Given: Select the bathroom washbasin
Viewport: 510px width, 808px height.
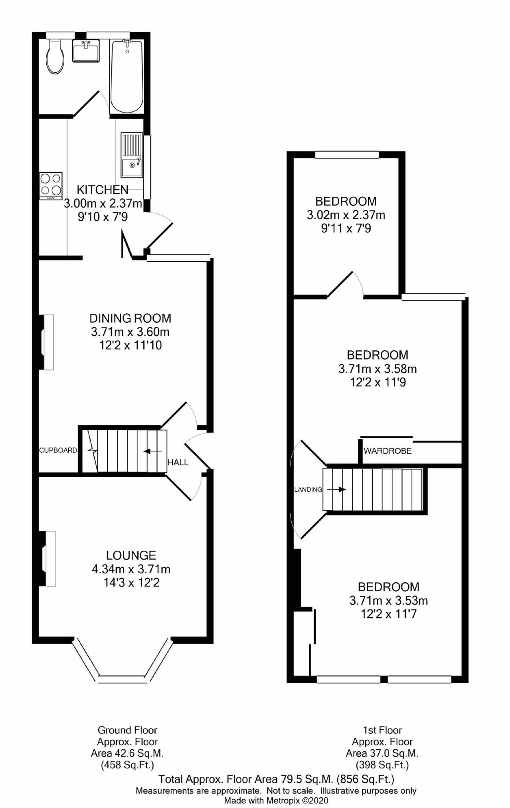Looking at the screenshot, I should point(86,51).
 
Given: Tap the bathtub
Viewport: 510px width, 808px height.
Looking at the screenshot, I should point(127,76).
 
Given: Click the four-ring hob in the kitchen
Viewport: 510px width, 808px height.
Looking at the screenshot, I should point(51,186).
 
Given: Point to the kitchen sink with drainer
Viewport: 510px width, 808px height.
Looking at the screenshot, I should point(132,155).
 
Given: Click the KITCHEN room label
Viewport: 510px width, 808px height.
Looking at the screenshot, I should point(103,190).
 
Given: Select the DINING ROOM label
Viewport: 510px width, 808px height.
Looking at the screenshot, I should point(130,318).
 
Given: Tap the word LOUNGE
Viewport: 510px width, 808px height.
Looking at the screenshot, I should point(131,555).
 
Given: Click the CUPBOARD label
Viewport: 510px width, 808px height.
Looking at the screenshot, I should point(58,450).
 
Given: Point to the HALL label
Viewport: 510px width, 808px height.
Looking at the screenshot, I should point(178,462).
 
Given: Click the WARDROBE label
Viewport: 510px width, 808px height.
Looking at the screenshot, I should point(387,451).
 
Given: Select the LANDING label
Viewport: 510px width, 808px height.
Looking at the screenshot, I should point(308,490).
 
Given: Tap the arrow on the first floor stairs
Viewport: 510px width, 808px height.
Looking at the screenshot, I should point(336,489).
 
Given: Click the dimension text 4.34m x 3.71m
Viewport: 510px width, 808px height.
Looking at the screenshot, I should point(131,569).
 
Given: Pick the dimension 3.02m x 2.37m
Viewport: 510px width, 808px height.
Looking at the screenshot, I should point(346,215).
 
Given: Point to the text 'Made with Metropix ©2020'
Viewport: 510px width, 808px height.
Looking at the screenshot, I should point(276,800).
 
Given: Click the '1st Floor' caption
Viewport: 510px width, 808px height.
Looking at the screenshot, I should point(382,730).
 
